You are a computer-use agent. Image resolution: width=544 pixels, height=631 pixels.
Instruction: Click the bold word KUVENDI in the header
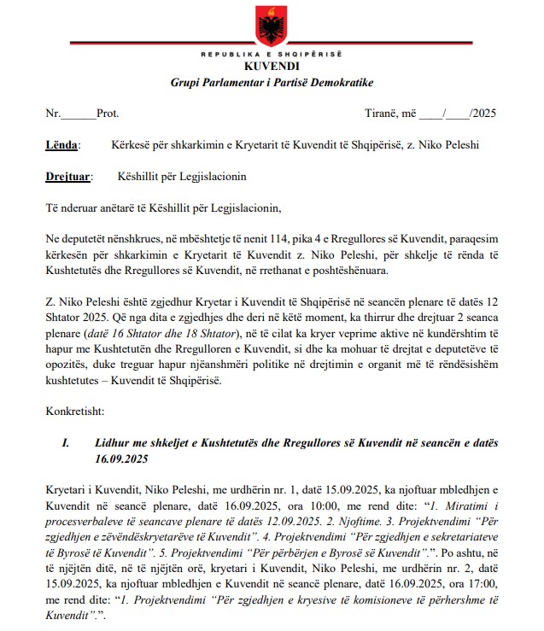(272, 67)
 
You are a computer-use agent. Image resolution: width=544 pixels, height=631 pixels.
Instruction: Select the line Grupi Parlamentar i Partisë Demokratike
(272, 82)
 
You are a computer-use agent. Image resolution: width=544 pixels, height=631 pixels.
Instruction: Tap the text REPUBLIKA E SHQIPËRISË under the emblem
(272, 55)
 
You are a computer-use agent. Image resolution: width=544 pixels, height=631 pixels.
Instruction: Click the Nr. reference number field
(79, 114)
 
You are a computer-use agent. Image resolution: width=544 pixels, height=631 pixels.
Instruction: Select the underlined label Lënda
(61, 145)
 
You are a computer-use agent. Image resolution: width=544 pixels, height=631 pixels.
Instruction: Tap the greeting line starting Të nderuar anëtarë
(162, 207)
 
